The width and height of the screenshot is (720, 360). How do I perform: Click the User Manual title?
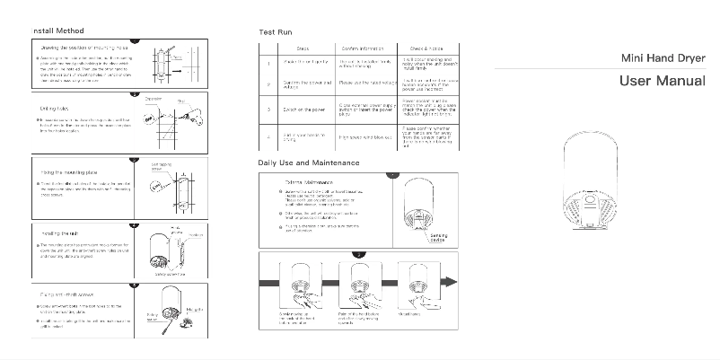(x=663, y=82)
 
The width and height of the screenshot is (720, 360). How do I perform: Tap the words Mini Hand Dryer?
(x=663, y=57)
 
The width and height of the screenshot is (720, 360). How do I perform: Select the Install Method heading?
(x=57, y=31)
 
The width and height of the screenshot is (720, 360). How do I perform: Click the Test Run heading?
(x=273, y=31)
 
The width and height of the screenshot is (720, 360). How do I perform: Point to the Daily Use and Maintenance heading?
(x=309, y=162)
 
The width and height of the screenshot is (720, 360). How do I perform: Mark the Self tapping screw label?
(x=162, y=167)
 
